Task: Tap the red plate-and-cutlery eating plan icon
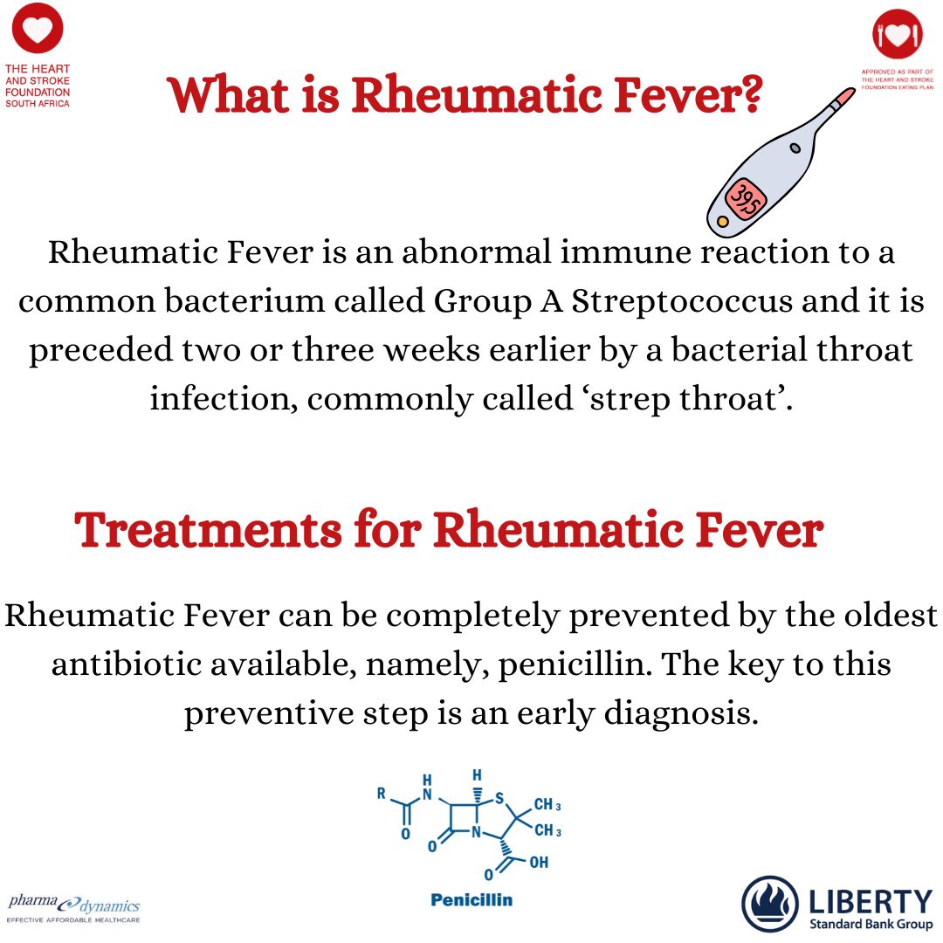point(898,34)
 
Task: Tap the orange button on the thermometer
point(723,223)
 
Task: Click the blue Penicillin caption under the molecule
point(471,900)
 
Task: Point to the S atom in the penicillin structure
point(499,797)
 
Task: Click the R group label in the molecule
point(382,794)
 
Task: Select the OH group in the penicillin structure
point(539,863)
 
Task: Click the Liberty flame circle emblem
point(769,904)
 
